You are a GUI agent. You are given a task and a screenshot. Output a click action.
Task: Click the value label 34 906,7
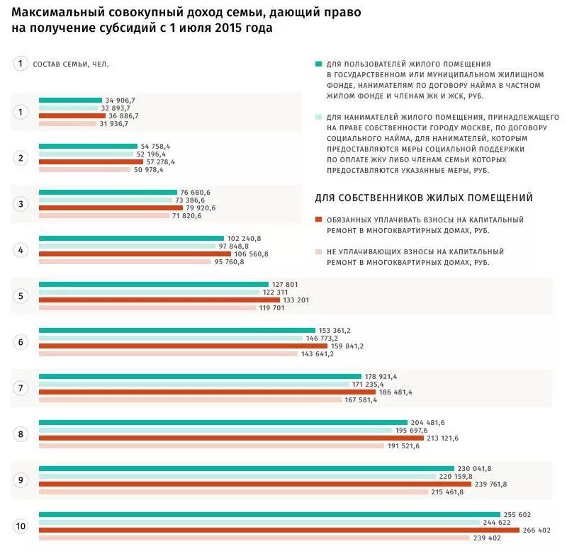[x=120, y=100]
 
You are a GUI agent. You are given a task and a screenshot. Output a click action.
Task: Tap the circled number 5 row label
[x=21, y=296]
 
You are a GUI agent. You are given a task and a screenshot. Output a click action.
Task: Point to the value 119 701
[x=274, y=307]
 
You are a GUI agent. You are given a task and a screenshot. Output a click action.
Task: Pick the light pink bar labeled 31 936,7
[x=67, y=123]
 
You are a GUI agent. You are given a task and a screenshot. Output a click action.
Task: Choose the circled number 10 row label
[x=21, y=526]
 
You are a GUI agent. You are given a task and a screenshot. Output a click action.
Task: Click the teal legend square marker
[x=319, y=64]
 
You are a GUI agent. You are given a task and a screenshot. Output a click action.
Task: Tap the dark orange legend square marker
[x=319, y=220]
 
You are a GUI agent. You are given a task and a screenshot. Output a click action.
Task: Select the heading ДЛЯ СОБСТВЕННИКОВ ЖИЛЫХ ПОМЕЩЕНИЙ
[x=424, y=198]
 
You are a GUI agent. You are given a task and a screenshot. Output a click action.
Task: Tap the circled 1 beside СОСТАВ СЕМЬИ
[x=21, y=64]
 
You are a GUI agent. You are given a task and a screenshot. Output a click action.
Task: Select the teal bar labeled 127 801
[x=154, y=284]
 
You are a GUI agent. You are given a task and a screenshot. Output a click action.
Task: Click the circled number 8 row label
[x=21, y=434]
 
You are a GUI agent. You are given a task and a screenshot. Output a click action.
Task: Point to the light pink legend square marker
[x=319, y=251]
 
